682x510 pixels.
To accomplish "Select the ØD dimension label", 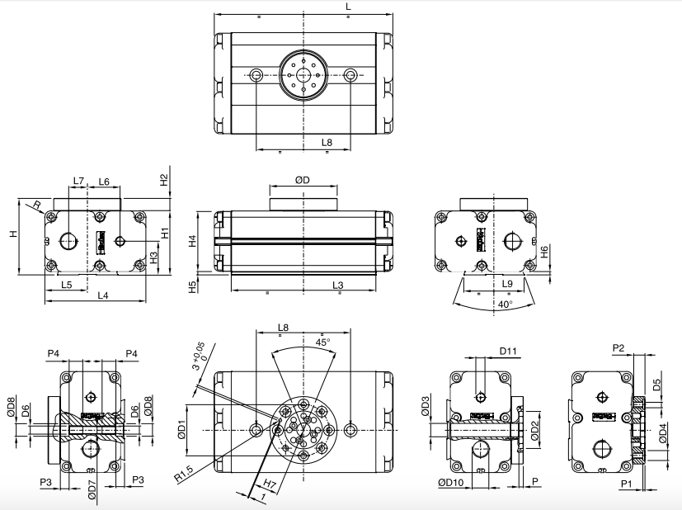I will pos(302,180).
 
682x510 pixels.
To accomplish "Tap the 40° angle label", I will pos(505,304).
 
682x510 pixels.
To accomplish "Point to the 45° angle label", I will pos(322,341).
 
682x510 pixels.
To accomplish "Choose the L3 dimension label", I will pos(338,285).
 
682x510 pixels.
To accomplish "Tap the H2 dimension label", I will pos(164,179).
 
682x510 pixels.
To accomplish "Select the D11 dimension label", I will pos(509,352).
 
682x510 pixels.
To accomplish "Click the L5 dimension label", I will pos(66,285).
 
